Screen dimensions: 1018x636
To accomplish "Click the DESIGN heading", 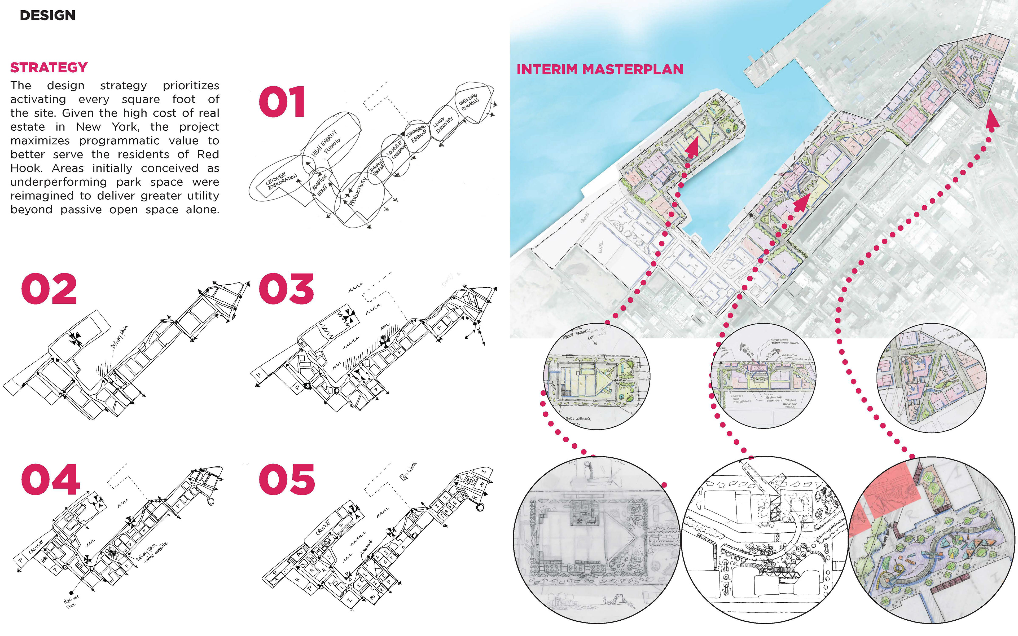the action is [x=47, y=16].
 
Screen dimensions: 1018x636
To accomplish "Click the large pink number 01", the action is [x=282, y=102].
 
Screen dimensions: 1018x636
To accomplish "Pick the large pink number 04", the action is [x=50, y=480].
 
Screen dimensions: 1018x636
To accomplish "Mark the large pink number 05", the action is [x=287, y=480].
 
